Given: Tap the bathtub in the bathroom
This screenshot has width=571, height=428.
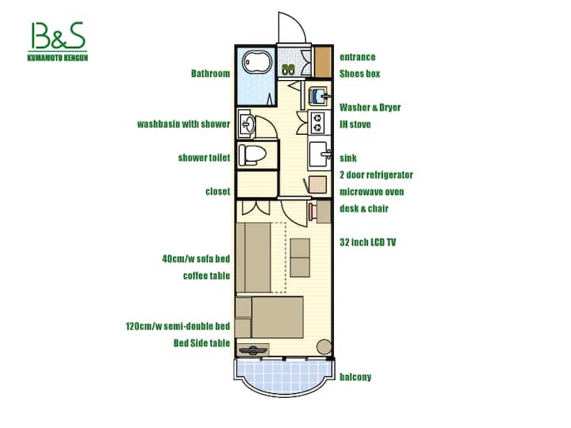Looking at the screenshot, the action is coord(258,63).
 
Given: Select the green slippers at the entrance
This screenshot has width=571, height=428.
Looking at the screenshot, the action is coord(289,69).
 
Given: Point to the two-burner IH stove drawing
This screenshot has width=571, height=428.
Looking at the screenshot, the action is coord(318,122).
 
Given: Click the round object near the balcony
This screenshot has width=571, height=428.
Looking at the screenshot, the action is coord(324,347).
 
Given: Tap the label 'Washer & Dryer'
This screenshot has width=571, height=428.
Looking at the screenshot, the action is coord(370,107).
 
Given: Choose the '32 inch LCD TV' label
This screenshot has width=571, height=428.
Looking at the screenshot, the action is coord(367,242).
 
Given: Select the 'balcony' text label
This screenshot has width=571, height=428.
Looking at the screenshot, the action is coord(355,377).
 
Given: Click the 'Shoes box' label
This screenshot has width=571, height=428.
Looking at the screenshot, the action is coord(359,74).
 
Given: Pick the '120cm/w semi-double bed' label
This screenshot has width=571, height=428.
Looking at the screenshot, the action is coord(178,326).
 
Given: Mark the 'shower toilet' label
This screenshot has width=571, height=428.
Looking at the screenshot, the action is coord(204,158).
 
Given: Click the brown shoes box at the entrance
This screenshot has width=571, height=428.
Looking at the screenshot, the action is coord(322,62).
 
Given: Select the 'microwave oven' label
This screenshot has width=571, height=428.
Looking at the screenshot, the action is coord(371,192).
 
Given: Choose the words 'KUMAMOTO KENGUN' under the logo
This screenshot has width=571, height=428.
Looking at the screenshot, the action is coord(58,58).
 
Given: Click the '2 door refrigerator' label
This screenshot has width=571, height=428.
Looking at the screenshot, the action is coord(376,174).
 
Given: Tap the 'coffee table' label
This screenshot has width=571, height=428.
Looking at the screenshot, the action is coord(206,276).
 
